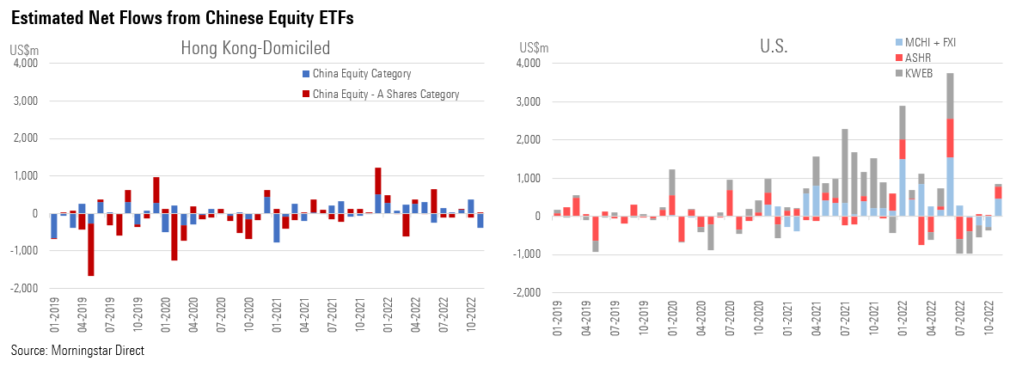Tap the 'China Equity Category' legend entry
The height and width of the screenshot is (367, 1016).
point(361,74)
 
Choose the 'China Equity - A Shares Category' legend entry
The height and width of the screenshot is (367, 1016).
point(385,94)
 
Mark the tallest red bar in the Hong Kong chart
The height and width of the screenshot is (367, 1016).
point(156,190)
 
